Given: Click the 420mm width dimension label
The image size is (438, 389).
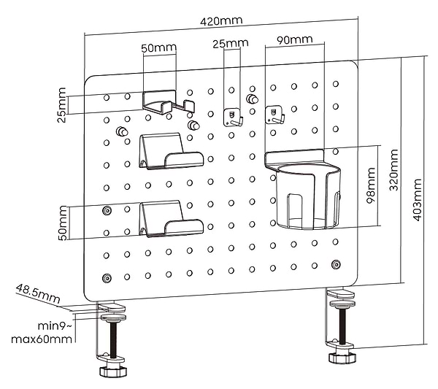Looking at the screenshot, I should tap(222, 21).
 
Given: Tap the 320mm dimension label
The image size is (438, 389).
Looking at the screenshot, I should tap(394, 169).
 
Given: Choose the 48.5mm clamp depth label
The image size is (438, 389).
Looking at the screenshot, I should tap(37, 294).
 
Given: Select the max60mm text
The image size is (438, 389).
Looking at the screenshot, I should tap(42, 339).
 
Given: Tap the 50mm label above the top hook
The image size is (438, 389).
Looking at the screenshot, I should tap(158, 48).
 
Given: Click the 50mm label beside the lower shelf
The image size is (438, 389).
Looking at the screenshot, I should tap(64, 223).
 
